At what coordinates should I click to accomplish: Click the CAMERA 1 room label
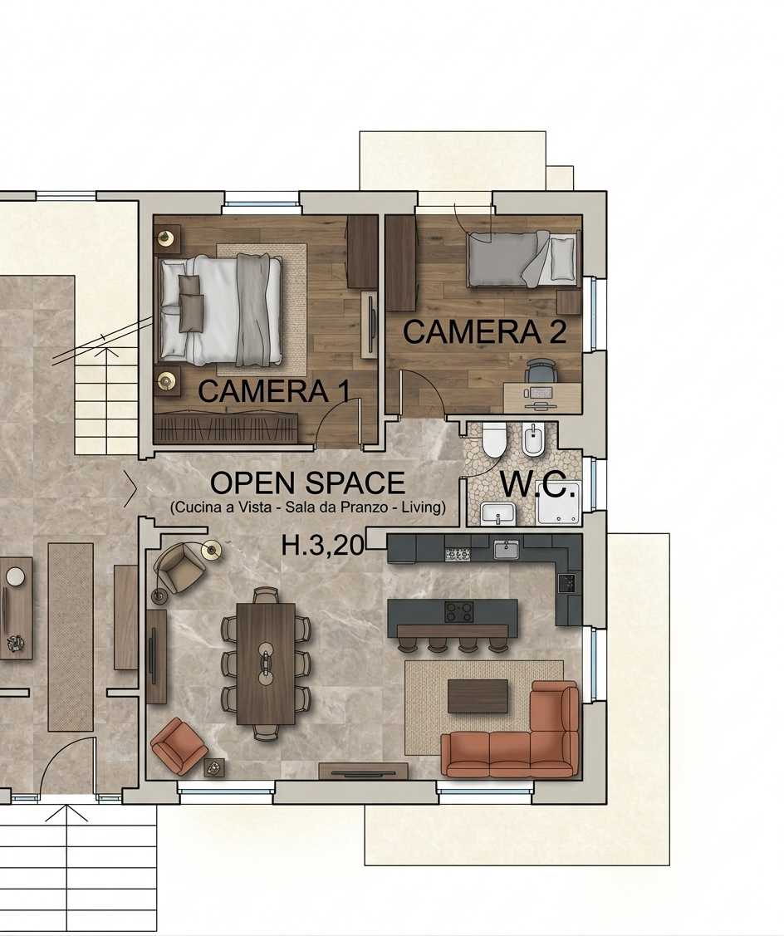[273, 392]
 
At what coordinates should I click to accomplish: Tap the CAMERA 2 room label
[484, 332]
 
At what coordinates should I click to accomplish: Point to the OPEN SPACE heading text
[307, 483]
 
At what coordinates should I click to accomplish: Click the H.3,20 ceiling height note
[322, 545]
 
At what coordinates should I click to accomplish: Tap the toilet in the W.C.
[494, 439]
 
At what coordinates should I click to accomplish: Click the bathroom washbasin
[498, 513]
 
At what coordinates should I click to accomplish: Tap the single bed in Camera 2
[522, 258]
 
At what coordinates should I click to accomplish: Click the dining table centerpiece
[265, 663]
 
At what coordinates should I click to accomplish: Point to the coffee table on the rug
[478, 696]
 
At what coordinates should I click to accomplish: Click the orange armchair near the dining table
[179, 747]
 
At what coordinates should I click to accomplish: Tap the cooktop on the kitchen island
[459, 611]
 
